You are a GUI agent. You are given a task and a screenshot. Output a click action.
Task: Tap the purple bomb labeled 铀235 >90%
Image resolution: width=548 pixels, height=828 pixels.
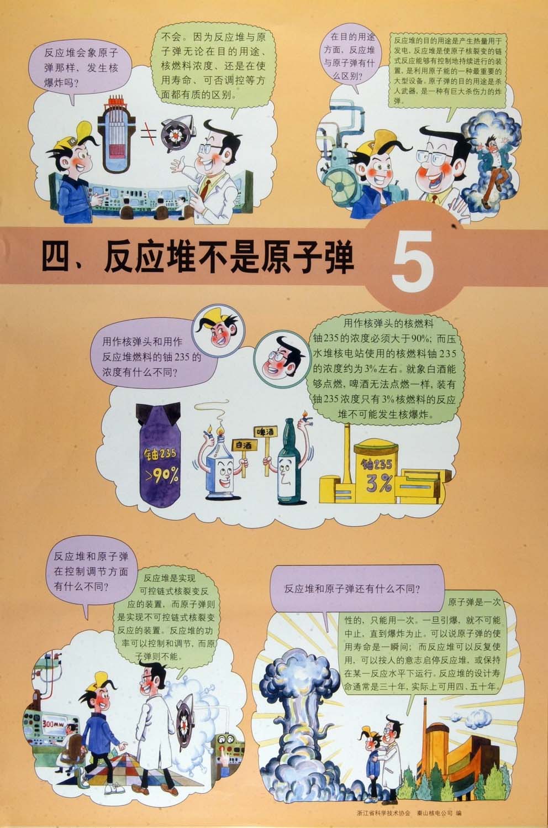[160, 455]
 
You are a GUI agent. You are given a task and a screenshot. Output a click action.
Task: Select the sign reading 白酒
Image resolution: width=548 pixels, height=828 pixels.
[243, 445]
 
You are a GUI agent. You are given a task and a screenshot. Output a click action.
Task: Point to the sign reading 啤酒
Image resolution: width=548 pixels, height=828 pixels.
[266, 431]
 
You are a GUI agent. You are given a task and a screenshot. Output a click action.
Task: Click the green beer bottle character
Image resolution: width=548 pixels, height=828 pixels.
[291, 462]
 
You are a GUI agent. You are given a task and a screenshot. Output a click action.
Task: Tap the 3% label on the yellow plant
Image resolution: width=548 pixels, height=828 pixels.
[378, 483]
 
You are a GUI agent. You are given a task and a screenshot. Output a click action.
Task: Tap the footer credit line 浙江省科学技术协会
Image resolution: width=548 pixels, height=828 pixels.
[383, 813]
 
